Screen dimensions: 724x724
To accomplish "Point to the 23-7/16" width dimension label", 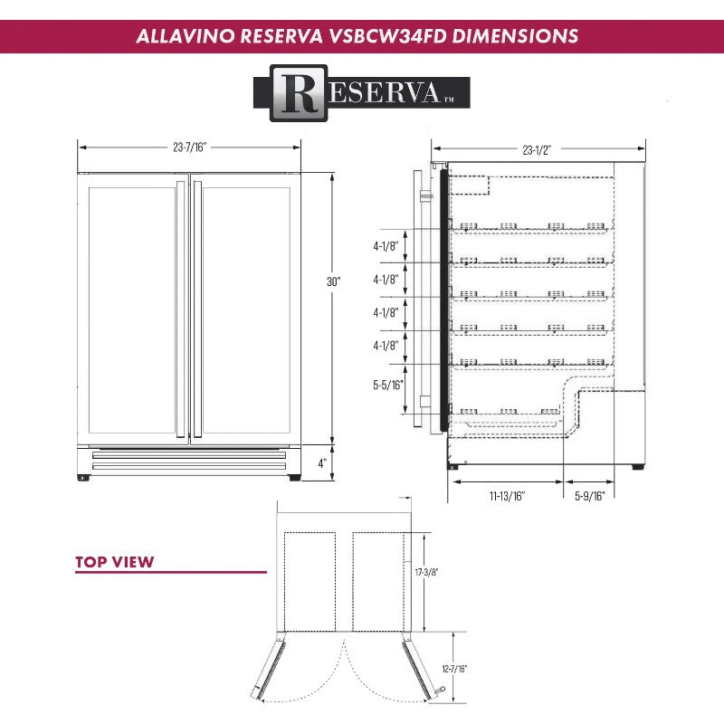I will (x=189, y=147).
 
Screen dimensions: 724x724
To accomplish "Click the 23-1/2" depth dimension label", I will (x=538, y=150).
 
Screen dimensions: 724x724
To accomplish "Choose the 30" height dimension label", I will (x=333, y=281).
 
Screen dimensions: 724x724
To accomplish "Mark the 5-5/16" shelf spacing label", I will (x=387, y=385).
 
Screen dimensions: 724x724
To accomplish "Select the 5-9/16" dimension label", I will (x=589, y=495).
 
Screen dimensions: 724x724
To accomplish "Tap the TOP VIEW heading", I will (x=114, y=562).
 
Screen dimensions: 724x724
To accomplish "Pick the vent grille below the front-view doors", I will (x=189, y=459).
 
